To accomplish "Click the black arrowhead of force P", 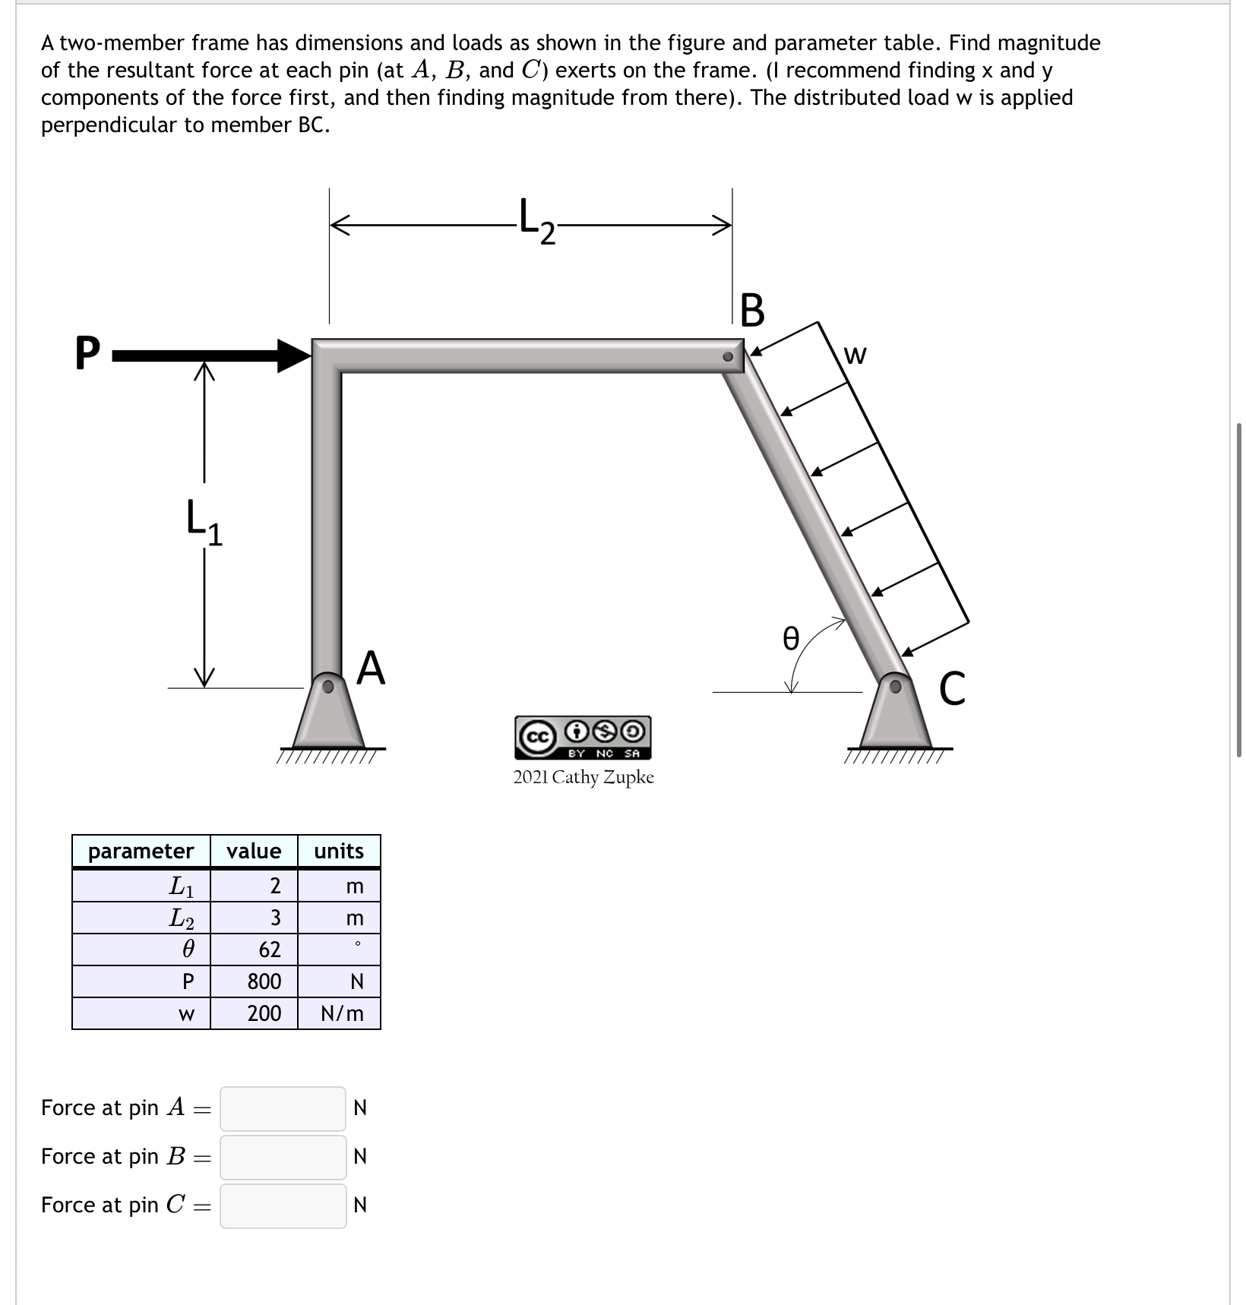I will [x=293, y=355].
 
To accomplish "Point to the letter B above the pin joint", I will [x=751, y=311].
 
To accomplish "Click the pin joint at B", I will [x=729, y=356].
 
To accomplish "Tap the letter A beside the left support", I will [x=372, y=668].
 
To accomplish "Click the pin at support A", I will [x=328, y=686].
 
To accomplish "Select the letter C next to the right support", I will [x=952, y=689].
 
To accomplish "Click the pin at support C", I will [x=897, y=686].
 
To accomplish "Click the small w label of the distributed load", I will [x=855, y=355].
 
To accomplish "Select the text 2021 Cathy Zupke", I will [x=583, y=777].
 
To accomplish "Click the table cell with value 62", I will [x=255, y=950].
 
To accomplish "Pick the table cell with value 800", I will [x=255, y=981].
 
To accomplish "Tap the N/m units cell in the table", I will [x=340, y=1013].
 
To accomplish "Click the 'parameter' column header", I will [x=141, y=851].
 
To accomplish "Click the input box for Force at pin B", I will [x=283, y=1156].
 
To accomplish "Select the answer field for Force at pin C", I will [x=283, y=1205].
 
